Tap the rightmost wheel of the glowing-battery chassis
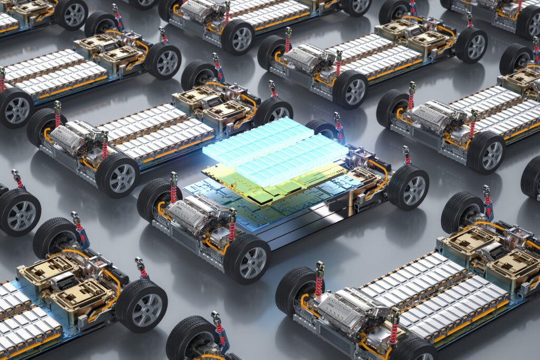click(408, 188)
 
